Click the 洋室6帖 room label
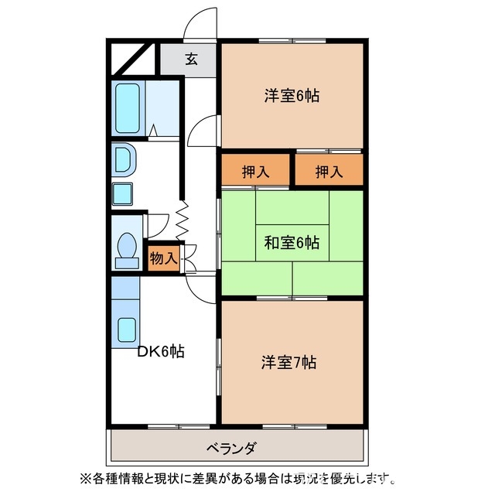tap(292, 96)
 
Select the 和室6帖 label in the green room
tap(292, 243)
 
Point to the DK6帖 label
tap(160, 351)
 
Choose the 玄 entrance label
tap(189, 59)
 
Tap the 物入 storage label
tap(163, 257)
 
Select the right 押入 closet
tap(328, 172)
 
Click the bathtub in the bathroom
tap(127, 108)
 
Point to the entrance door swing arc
tap(200, 22)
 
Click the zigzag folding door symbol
tap(184, 220)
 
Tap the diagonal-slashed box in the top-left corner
tap(135, 57)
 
